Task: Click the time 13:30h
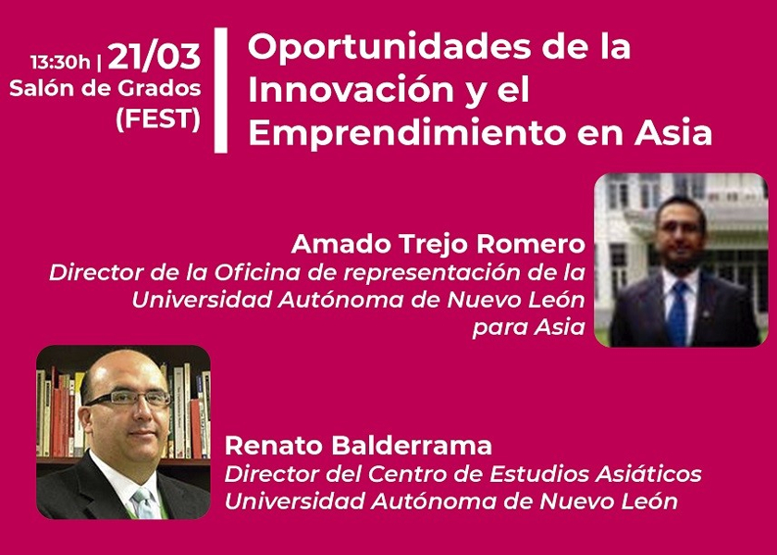[x=60, y=63]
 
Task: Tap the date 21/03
[x=154, y=56]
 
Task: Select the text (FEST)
[x=158, y=119]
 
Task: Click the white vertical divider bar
[x=221, y=91]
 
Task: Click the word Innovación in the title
[x=351, y=91]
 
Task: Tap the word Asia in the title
[x=673, y=133]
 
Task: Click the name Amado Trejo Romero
[x=438, y=244]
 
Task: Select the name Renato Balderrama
[x=358, y=446]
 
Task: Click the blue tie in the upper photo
[x=678, y=313]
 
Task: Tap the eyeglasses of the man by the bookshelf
[x=128, y=399]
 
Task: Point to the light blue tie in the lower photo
[x=144, y=503]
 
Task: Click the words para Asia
[x=529, y=327]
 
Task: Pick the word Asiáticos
[x=648, y=474]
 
